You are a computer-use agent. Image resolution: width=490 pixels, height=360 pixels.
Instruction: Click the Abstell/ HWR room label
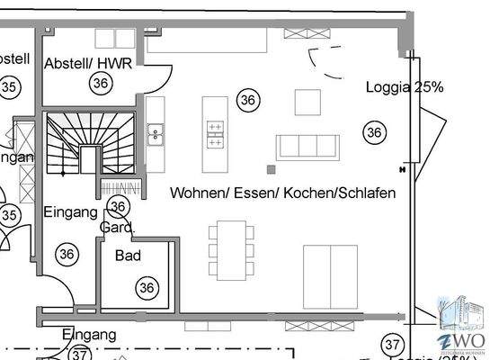pyautogui.click(x=88, y=62)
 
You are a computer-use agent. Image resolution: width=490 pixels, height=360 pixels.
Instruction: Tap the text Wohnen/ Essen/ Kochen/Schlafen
pyautogui.click(x=282, y=193)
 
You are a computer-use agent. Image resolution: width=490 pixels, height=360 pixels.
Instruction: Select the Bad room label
pyautogui.click(x=129, y=256)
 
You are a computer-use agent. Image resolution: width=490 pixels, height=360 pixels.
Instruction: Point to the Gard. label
pyautogui.click(x=117, y=228)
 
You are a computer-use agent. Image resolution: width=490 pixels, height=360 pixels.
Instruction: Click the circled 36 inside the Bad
pyautogui.click(x=146, y=288)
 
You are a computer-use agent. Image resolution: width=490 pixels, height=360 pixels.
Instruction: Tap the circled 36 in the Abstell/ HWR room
pyautogui.click(x=101, y=83)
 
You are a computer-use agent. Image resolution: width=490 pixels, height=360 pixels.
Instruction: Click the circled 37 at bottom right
pyautogui.click(x=392, y=344)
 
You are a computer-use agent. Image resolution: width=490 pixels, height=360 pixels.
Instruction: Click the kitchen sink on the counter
pyautogui.click(x=156, y=134)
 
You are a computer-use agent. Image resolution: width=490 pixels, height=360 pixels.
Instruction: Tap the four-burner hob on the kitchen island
pyautogui.click(x=216, y=134)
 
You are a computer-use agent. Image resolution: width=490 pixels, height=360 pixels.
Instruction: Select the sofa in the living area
pyautogui.click(x=307, y=146)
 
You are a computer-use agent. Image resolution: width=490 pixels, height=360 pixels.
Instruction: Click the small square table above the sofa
pyautogui.click(x=308, y=101)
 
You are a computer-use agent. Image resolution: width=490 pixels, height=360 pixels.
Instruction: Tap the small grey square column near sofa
pyautogui.click(x=270, y=168)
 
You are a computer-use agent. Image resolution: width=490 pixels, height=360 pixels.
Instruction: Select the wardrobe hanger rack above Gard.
pyautogui.click(x=120, y=188)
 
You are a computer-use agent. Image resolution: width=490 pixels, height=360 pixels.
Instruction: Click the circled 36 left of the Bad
pyautogui.click(x=67, y=254)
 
